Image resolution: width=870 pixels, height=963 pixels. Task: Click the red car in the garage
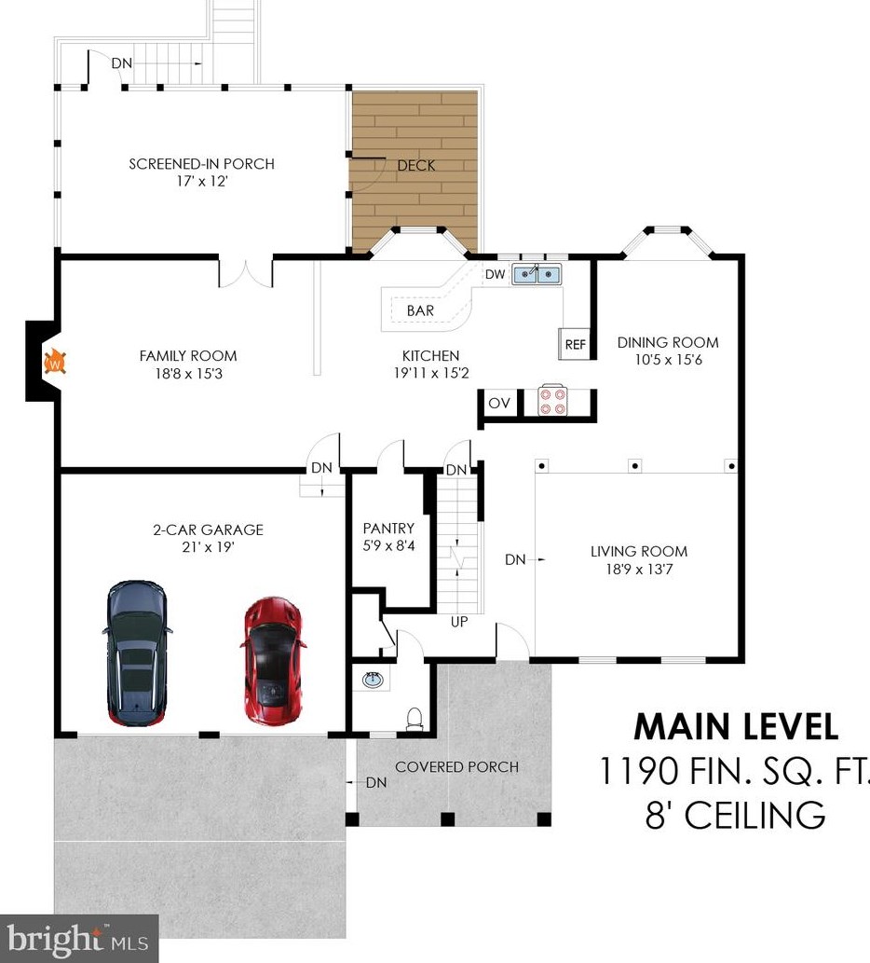point(272,661)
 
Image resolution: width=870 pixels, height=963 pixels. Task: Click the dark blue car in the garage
point(137,653)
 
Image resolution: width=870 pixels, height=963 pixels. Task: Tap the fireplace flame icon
point(55,362)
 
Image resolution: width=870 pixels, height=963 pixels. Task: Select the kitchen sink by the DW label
point(537,274)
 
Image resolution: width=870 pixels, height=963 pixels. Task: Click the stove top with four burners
point(551,401)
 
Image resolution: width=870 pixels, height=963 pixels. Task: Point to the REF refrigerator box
point(575,344)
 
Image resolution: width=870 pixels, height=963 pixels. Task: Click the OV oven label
point(499,404)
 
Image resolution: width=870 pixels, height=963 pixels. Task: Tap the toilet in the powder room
point(415,719)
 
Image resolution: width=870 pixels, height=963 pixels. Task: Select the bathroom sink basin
point(373,680)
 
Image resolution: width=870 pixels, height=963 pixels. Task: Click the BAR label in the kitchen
point(420,310)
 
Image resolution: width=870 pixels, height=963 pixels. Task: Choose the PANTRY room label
point(388,529)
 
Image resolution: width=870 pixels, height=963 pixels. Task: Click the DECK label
point(416,165)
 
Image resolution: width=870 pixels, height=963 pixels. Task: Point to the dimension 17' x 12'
point(202,181)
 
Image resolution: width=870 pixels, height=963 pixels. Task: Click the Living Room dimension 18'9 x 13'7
point(639,570)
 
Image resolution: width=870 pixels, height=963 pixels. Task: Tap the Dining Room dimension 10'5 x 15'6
point(668,360)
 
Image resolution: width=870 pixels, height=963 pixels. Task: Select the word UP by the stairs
point(459,622)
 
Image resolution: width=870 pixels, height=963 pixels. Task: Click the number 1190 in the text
point(639,771)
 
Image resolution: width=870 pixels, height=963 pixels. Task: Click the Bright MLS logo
point(78,939)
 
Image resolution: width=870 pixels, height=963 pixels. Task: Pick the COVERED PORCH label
point(457,766)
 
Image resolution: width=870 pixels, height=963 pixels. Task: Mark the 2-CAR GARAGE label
point(208,530)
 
